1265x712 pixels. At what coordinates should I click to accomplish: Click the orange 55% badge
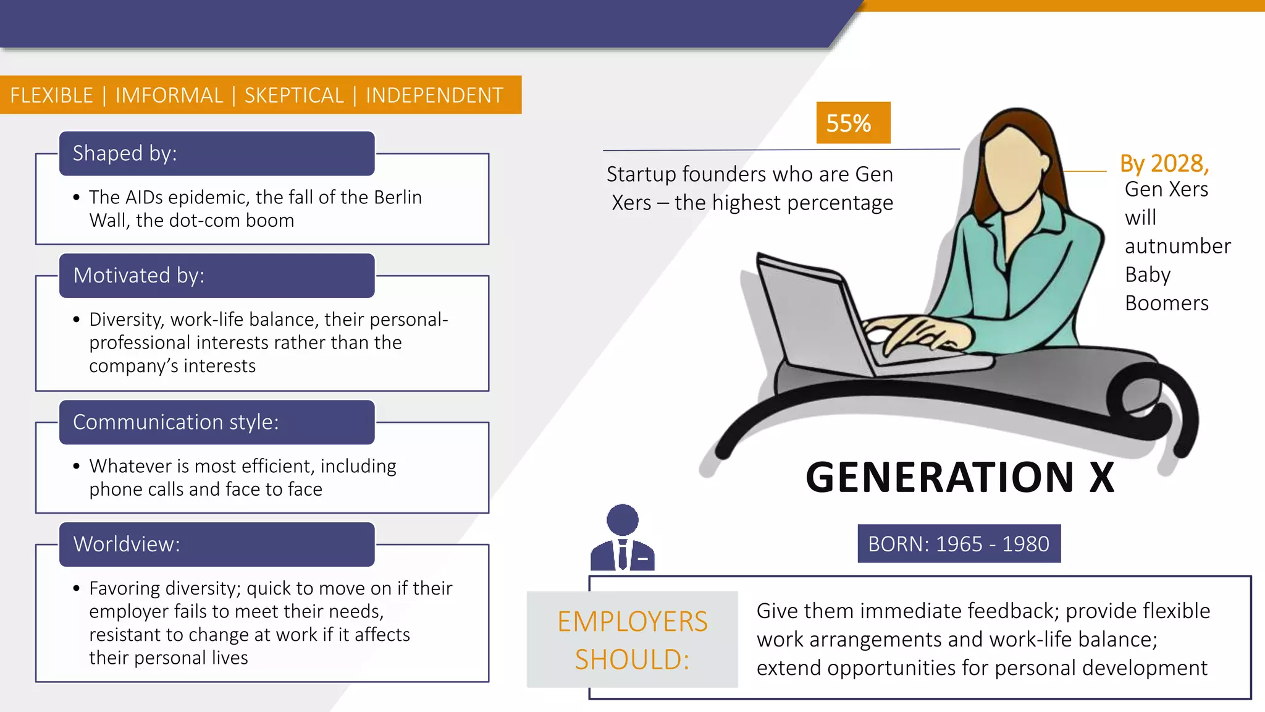pos(853,123)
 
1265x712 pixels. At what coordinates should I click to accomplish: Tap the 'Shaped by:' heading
pos(125,153)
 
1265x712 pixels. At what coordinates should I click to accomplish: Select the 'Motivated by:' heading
pos(138,276)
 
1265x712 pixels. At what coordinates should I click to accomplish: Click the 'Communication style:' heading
pos(175,422)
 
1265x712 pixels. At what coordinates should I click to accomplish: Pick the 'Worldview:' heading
pos(127,545)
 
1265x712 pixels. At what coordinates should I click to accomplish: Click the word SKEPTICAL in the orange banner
pos(294,96)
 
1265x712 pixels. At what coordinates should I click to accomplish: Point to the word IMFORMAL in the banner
pos(169,96)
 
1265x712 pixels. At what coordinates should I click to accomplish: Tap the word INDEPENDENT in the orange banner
pos(435,96)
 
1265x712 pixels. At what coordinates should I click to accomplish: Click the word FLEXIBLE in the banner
pos(52,96)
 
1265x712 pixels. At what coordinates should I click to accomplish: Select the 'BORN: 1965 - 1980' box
pos(959,544)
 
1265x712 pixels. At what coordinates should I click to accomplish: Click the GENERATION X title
pos(960,477)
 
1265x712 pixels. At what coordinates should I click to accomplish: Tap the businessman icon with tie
pos(623,538)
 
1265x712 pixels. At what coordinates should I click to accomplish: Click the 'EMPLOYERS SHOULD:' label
pos(632,640)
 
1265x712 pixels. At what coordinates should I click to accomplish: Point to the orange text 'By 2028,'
pos(1164,163)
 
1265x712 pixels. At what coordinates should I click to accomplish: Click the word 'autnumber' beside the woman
pos(1178,246)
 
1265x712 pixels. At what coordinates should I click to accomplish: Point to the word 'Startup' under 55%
pos(641,174)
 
